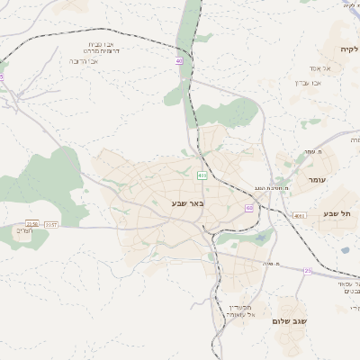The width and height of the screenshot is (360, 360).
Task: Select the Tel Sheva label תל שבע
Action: coord(339,213)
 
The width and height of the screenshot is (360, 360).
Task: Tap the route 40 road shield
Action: coord(179,61)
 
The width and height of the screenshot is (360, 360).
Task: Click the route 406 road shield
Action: coord(202,175)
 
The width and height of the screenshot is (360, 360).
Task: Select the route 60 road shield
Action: coord(248,208)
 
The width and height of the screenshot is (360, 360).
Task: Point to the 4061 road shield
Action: coord(299,216)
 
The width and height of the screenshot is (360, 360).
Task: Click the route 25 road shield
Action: coord(308,270)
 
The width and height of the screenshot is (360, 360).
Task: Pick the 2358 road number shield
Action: coord(33,223)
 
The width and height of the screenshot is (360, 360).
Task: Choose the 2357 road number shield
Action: coord(50,223)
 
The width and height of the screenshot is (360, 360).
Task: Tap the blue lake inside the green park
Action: coord(261,239)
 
